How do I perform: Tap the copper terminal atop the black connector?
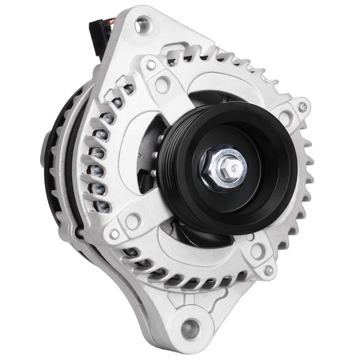[110, 23]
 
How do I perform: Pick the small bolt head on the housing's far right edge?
[303, 107]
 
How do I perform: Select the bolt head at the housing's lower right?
[269, 271]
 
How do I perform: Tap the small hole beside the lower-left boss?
[115, 235]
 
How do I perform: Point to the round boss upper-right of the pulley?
[285, 116]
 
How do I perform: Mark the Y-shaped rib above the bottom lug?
[187, 294]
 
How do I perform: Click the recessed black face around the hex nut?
[250, 187]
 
